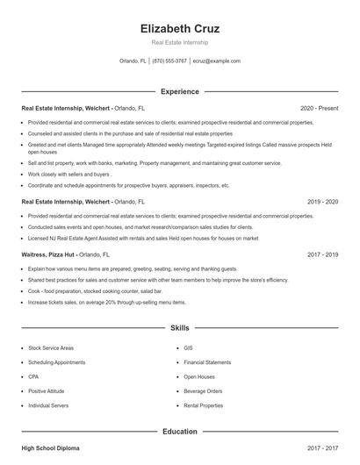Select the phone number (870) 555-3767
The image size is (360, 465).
tap(169, 61)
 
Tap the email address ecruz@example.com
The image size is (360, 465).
tap(217, 61)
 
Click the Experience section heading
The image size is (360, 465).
tap(180, 91)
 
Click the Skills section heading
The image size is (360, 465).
tap(180, 328)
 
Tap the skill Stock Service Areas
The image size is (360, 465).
tap(51, 348)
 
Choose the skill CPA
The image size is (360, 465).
tap(33, 376)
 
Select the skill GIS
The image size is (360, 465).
tap(188, 348)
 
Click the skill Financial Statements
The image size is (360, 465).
tap(207, 362)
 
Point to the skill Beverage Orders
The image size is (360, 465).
tap(203, 391)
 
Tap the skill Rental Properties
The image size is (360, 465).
tap(205, 406)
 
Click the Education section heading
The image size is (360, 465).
tap(180, 432)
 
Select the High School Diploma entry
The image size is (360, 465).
tap(50, 447)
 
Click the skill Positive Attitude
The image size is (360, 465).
tap(47, 391)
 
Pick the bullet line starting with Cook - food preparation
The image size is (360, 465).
tap(94, 290)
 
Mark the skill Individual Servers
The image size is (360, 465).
tap(48, 406)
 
